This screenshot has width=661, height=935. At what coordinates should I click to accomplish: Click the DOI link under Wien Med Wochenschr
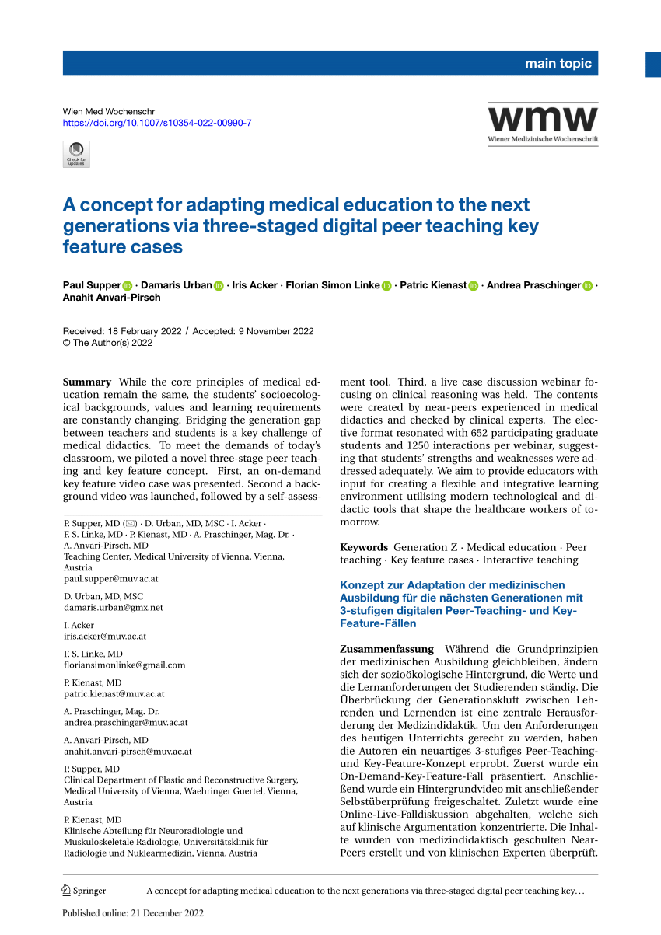(156, 123)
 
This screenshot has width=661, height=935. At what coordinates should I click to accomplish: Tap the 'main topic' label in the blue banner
(558, 64)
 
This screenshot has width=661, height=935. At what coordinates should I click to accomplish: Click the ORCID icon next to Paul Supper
(128, 286)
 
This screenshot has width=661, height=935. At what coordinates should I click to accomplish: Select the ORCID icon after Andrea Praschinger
(587, 286)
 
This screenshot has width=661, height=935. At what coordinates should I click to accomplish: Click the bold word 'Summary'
(87, 382)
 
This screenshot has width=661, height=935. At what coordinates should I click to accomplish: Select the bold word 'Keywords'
(364, 547)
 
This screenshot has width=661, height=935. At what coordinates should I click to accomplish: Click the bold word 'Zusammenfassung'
(386, 648)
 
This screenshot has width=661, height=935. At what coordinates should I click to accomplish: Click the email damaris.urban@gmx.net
(113, 607)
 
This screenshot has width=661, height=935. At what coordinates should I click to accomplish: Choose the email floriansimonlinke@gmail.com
(124, 665)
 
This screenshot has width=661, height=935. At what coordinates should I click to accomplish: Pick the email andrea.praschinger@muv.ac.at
(125, 722)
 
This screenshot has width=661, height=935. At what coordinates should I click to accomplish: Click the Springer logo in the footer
(84, 891)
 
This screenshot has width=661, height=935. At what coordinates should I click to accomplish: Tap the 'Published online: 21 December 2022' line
(132, 913)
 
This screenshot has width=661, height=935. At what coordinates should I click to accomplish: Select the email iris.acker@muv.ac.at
(105, 636)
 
